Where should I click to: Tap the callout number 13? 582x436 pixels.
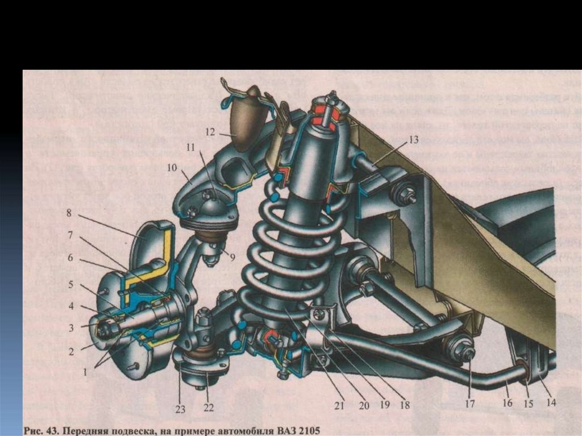click(x=413, y=139)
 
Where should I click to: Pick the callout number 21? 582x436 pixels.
click(x=339, y=406)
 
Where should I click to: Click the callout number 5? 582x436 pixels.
click(x=72, y=284)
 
